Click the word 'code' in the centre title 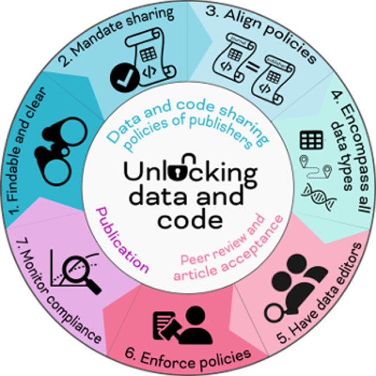tap(188, 220)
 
